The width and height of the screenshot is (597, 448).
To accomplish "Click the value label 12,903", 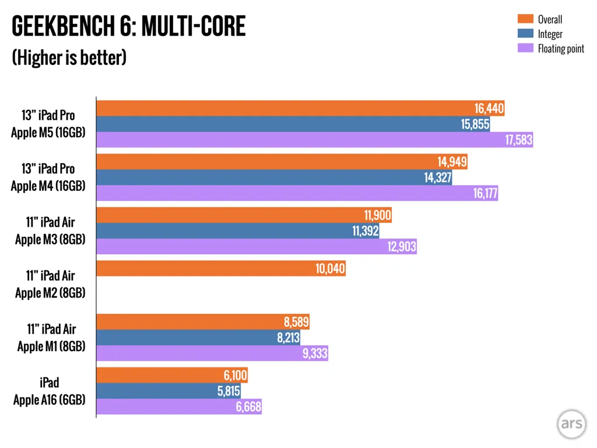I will [402, 247].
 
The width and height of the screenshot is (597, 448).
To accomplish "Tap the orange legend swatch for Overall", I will [526, 19].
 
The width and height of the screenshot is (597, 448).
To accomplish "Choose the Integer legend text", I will [550, 34].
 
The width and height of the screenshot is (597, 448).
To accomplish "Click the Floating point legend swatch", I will [526, 48].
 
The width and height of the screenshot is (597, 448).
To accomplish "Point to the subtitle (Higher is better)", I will [69, 58].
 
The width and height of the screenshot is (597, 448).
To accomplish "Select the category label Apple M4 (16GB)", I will [48, 186].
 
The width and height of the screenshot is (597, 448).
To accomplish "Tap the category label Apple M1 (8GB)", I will [51, 346].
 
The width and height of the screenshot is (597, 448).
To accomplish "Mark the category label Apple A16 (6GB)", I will [50, 400].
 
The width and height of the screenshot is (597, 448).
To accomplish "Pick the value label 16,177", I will [485, 194].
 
